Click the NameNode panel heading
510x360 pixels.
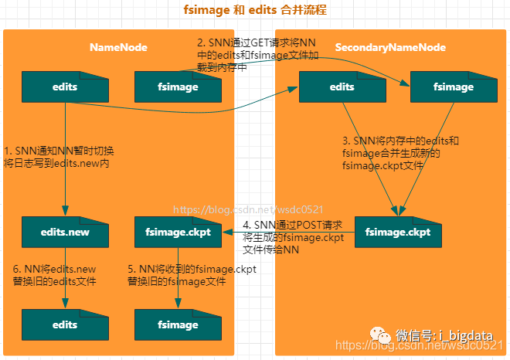[118, 47]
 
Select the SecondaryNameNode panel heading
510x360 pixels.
[390, 47]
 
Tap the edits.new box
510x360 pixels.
[65, 231]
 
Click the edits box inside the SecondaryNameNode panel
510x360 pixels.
[342, 87]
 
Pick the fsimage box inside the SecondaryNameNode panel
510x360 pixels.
[452, 87]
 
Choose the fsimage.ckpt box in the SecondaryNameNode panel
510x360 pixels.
[397, 231]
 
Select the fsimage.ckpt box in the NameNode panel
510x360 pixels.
[177, 231]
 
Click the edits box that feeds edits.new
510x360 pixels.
[65, 87]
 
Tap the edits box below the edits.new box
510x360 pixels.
[65, 324]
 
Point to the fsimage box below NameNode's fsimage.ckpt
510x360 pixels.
[177, 324]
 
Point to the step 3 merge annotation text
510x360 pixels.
[400, 153]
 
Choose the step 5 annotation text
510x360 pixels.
[191, 276]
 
